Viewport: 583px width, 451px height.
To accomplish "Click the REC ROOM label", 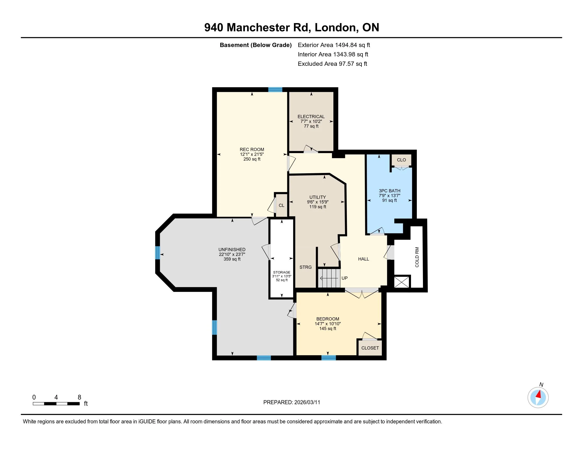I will click(x=252, y=149).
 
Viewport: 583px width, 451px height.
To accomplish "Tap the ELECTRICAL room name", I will click(x=311, y=116).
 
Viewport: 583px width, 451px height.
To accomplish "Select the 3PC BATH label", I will click(x=390, y=191).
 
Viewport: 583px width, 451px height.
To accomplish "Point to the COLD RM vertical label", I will click(x=417, y=257).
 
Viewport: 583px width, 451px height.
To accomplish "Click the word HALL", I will click(x=363, y=259).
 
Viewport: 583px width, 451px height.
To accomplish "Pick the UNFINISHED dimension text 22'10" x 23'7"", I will click(x=232, y=254).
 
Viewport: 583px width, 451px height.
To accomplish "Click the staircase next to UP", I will click(x=329, y=278).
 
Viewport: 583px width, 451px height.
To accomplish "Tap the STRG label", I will click(x=305, y=267).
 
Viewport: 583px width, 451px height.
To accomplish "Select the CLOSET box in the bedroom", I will click(x=370, y=348).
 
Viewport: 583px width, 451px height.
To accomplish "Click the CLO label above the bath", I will click(x=401, y=160).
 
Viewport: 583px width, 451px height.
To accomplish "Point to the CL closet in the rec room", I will click(x=281, y=205).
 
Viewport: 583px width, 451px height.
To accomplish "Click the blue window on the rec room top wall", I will click(x=275, y=89).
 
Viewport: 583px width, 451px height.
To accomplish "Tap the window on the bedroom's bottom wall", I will click(x=329, y=358).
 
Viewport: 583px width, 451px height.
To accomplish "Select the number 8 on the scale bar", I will click(x=79, y=397).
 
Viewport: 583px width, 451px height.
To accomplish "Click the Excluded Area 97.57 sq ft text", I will click(x=332, y=64).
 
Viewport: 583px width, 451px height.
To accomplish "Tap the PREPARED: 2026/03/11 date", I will click(x=291, y=402).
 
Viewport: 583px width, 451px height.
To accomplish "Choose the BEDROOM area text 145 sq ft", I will click(x=328, y=329).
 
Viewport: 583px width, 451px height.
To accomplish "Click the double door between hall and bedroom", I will click(x=362, y=293).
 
